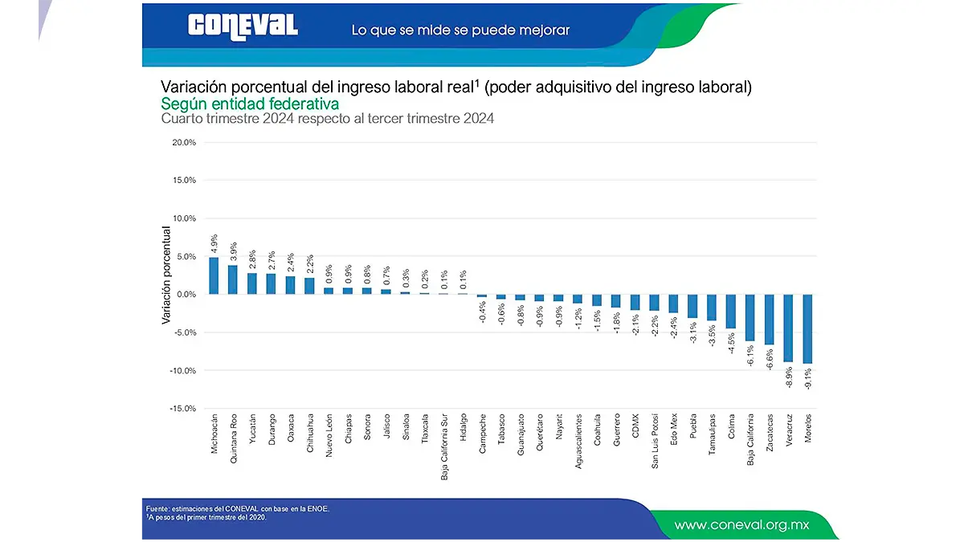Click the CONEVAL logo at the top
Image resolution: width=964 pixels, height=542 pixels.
(x=243, y=27)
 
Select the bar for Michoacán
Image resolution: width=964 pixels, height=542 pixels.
(x=214, y=275)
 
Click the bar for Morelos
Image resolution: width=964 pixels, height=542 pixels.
(x=807, y=328)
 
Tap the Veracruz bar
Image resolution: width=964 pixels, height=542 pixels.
(x=788, y=328)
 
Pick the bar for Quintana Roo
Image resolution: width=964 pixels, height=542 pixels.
(x=233, y=279)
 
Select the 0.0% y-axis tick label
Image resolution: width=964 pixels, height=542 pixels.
(x=184, y=295)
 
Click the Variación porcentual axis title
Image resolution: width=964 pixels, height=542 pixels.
(x=166, y=275)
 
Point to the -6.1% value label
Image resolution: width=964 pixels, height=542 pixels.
(x=750, y=356)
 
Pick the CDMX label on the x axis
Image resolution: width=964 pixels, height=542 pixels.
(x=635, y=424)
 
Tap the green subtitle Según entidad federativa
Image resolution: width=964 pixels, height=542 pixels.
(x=250, y=104)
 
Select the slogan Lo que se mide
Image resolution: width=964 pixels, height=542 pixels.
(x=460, y=30)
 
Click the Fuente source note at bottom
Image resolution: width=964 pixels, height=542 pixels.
(x=238, y=508)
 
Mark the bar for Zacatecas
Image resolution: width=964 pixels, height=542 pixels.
(x=769, y=319)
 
